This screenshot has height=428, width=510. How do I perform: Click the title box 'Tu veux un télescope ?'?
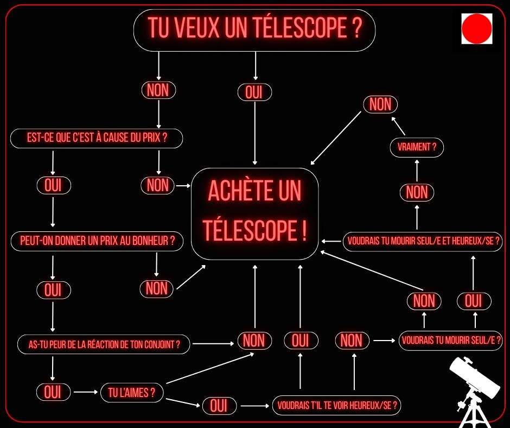pyautogui.click(x=254, y=30)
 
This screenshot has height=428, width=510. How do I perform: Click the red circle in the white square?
pyautogui.click(x=476, y=29)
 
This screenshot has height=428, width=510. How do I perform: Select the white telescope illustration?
pyautogui.click(x=472, y=391)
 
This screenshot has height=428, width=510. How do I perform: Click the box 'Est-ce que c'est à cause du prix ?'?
pyautogui.click(x=97, y=139)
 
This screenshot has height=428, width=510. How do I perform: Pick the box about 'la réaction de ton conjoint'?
pyautogui.click(x=104, y=344)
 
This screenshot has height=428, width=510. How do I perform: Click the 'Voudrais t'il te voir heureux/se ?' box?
pyautogui.click(x=336, y=405)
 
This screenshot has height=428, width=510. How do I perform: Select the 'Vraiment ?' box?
pyautogui.click(x=417, y=147)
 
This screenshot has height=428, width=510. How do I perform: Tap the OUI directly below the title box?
pyautogui.click(x=254, y=92)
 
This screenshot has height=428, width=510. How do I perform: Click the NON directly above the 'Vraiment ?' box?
pyautogui.click(x=380, y=104)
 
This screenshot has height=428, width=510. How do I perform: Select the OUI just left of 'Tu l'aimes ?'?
pyautogui.click(x=53, y=392)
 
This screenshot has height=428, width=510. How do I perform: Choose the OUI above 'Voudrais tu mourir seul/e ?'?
pyautogui.click(x=474, y=300)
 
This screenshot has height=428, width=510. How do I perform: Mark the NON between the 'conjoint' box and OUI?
pyautogui.click(x=254, y=341)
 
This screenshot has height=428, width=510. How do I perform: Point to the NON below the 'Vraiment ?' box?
pyautogui.click(x=417, y=192)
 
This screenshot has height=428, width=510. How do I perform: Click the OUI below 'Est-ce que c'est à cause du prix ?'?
pyautogui.click(x=53, y=186)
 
